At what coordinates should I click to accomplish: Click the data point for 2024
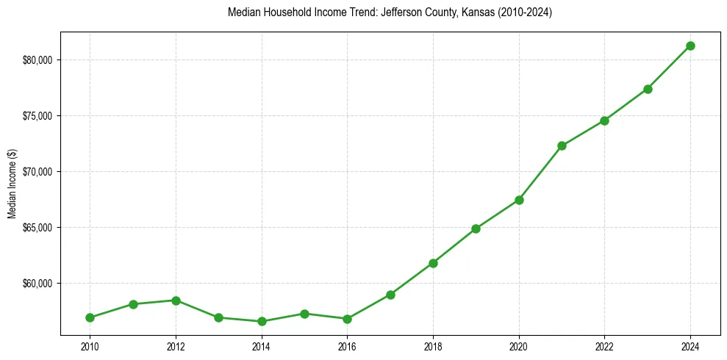[x=690, y=46]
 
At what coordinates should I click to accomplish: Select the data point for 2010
[x=90, y=317]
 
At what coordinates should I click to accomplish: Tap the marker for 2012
[x=176, y=300]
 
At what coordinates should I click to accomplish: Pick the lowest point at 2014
[x=262, y=321]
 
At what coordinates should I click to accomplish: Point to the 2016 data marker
[x=347, y=319]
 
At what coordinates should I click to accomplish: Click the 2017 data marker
[x=390, y=295]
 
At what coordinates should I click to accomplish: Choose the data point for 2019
[x=476, y=228]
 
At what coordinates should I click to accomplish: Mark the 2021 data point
[x=562, y=145]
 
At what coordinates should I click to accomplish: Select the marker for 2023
[x=648, y=89]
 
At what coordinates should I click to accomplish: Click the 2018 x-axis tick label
[x=433, y=345]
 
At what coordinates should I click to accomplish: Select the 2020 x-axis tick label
[x=519, y=345]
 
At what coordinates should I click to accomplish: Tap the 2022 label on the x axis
[x=604, y=345]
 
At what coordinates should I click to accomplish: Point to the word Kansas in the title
[x=476, y=12]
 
